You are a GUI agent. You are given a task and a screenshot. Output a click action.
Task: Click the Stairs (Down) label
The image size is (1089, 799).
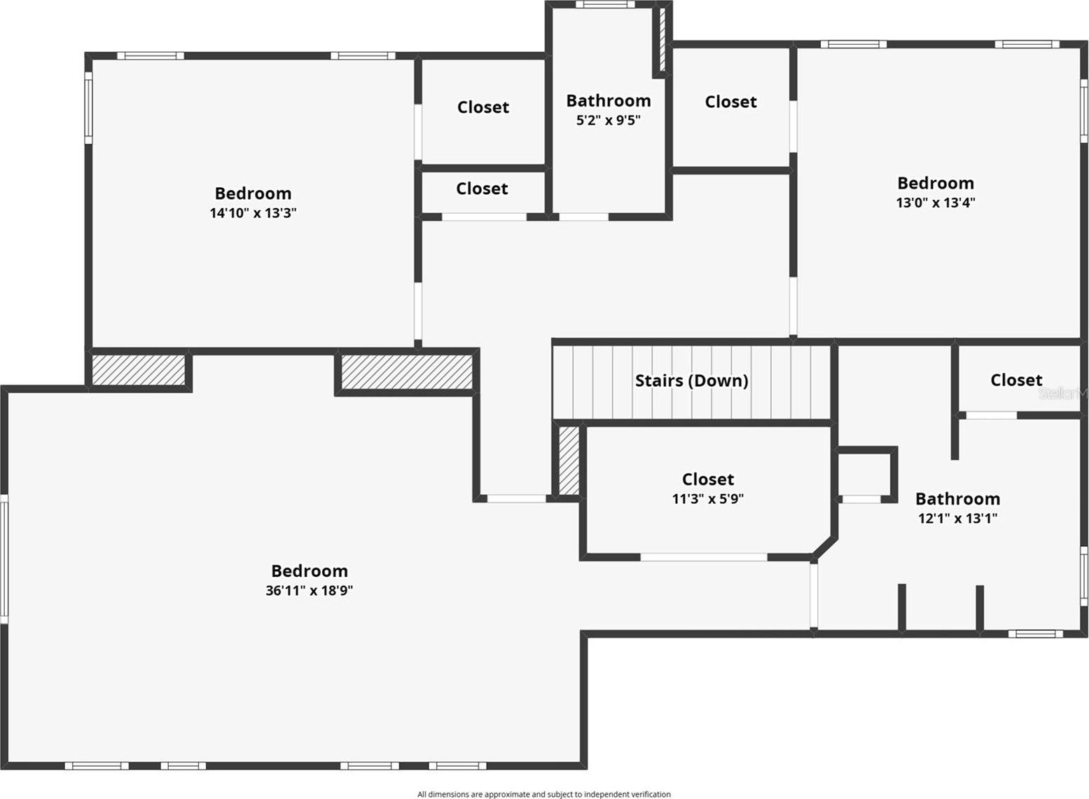[691, 381]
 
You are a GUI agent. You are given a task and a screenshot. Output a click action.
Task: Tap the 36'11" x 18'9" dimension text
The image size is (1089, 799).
[310, 590]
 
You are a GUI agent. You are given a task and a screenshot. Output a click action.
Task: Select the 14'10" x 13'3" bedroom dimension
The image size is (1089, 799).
[254, 212]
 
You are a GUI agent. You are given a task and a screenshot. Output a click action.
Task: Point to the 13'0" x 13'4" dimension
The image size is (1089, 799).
[936, 203]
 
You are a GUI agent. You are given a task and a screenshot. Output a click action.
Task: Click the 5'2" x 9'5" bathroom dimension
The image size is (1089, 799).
[608, 120]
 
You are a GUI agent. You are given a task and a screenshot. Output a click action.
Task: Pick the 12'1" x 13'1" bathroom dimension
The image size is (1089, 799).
[958, 518]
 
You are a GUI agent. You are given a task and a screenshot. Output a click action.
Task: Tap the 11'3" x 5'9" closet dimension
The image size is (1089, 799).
[708, 499]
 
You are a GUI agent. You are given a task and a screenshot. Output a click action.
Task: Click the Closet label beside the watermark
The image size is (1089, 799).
[1017, 380]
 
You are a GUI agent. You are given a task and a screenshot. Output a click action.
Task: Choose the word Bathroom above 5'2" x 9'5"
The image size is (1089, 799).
[608, 101]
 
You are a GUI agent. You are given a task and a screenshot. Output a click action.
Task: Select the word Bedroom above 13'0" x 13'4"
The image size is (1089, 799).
[936, 183]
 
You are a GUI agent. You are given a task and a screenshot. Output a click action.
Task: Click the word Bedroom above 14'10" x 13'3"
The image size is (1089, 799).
[254, 193]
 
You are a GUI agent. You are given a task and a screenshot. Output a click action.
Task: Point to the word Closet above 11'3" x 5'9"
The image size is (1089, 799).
[708, 479]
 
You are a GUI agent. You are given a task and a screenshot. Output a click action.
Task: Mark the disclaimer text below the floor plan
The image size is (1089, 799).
[544, 794]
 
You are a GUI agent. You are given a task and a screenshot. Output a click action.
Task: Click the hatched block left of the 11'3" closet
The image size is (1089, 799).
[569, 460]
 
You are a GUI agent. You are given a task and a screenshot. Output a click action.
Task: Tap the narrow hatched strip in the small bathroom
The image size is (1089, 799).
[662, 40]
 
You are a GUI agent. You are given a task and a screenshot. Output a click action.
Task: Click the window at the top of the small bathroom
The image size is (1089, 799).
[605, 4]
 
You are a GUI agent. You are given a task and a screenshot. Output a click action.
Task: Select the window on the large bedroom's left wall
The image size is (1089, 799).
[4, 559]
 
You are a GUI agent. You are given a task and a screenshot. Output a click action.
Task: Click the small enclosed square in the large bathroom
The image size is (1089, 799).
[864, 474]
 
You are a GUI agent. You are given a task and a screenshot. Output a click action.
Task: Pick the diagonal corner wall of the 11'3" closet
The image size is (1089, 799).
[825, 548]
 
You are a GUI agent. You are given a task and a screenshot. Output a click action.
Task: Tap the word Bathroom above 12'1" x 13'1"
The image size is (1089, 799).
[958, 499]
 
